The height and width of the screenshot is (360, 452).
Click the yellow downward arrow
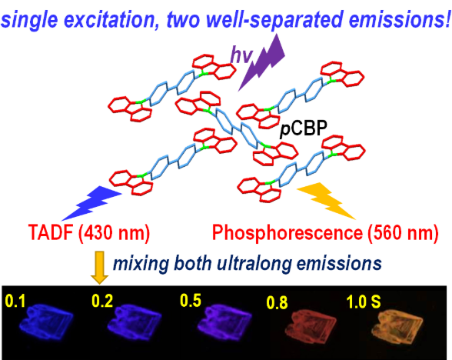[99, 268]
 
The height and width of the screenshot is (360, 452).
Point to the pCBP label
[304, 128]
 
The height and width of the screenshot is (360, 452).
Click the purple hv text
[241, 55]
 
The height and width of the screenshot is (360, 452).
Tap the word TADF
[51, 232]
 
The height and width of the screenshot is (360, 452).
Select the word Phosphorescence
[287, 232]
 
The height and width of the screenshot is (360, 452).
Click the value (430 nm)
[114, 232]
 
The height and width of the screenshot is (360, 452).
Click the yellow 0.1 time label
[15, 302]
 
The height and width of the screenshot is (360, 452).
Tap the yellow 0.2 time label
[102, 301]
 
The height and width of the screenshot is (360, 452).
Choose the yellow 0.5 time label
[191, 300]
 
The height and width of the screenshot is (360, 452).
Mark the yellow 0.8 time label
[277, 302]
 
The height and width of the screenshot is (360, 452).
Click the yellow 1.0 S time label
[363, 302]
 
